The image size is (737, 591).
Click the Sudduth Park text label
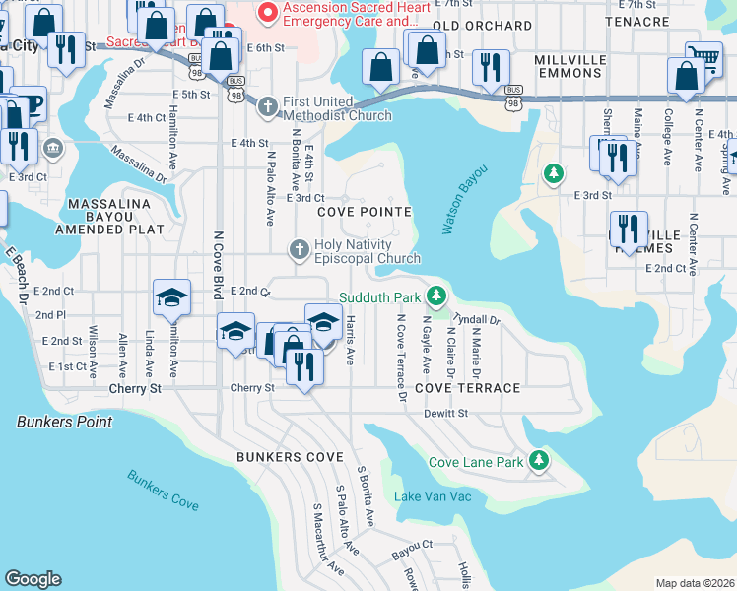[380, 297]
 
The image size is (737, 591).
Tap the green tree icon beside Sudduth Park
[435, 295]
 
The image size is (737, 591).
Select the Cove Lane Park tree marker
[538, 460]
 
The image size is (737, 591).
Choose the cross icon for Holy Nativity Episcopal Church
[300, 249]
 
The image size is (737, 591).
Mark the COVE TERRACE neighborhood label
[467, 388]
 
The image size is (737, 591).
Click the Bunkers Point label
[64, 422]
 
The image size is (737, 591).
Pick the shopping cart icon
[703, 57]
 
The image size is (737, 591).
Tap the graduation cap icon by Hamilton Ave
[171, 296]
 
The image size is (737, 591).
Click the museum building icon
[52, 150]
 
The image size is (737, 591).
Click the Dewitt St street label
[445, 414]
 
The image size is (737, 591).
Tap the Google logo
[33, 579]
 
